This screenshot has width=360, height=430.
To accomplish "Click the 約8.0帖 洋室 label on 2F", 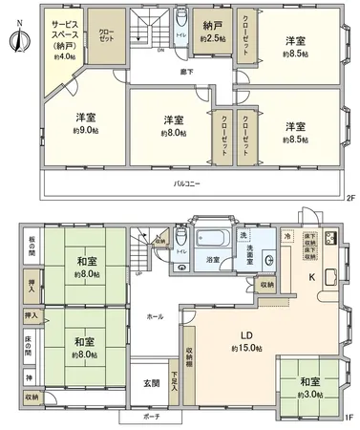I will point(172,126).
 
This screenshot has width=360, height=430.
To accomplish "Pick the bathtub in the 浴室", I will point(211,240).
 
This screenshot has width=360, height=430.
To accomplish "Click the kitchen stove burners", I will point(331,239).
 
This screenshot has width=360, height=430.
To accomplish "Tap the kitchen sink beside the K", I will point(331,278).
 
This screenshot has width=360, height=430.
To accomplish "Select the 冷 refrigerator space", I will point(286,236).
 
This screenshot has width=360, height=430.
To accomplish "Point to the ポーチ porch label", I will point(153,419).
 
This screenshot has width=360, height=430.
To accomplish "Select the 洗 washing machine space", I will point(243,235).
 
